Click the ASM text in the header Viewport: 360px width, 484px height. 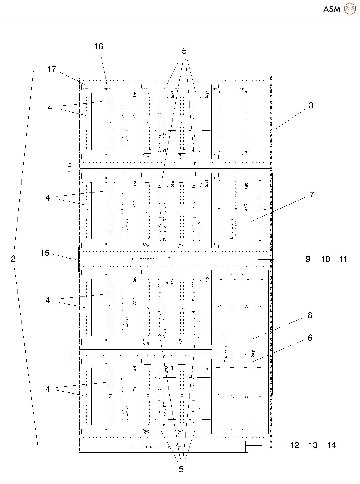click(x=332, y=9)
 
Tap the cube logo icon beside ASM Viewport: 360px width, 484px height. click(x=350, y=9)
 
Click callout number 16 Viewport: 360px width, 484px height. click(x=99, y=47)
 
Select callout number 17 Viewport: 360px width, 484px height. click(x=52, y=69)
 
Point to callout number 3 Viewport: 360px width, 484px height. click(x=311, y=106)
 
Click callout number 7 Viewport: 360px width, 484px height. click(x=312, y=195)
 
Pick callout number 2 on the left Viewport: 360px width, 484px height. click(x=13, y=259)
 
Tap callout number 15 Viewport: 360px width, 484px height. click(x=45, y=253)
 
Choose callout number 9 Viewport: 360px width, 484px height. click(x=308, y=259)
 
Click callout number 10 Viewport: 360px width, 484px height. click(x=325, y=259)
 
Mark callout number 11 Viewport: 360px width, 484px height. click(x=343, y=259)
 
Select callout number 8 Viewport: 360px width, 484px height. click(x=310, y=315)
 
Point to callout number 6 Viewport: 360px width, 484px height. click(x=310, y=338)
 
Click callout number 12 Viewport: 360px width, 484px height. click(x=295, y=445)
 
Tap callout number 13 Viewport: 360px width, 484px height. click(x=313, y=445)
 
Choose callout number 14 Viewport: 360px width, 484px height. click(x=331, y=445)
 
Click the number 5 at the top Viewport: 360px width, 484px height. click(x=184, y=51)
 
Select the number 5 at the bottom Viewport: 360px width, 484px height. click(x=181, y=469)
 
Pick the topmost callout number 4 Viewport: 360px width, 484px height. click(x=50, y=108)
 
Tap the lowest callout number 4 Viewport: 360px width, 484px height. click(x=48, y=389)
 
